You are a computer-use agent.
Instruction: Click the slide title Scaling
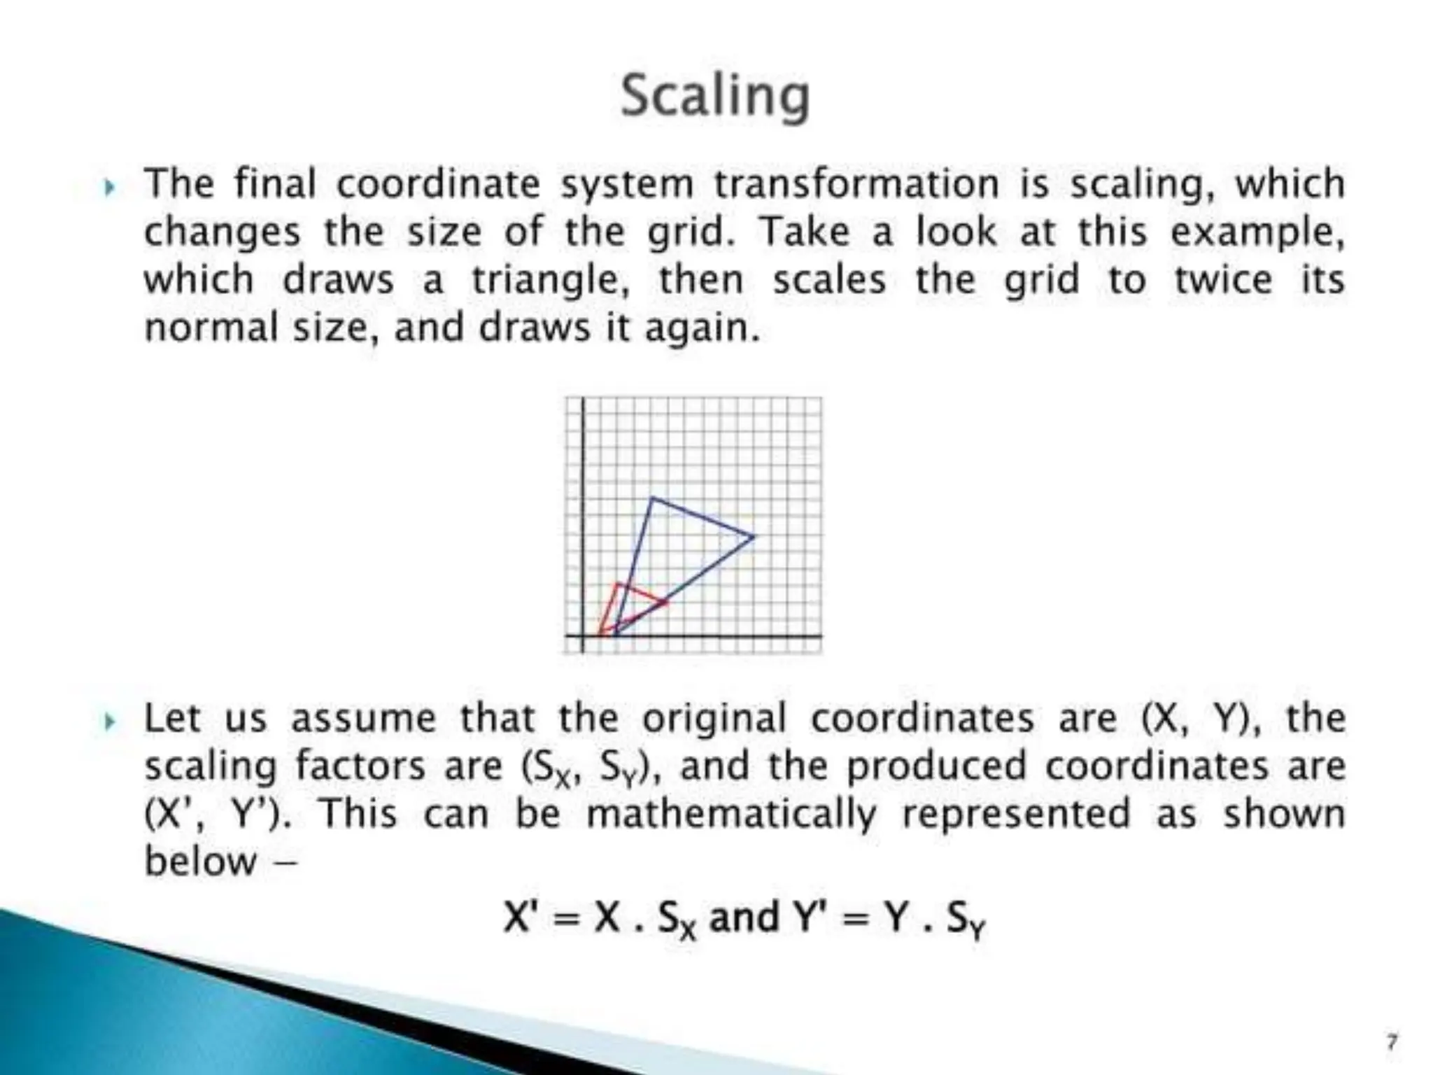point(715,97)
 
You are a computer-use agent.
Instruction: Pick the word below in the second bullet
point(200,861)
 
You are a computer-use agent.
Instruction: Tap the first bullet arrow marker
point(109,187)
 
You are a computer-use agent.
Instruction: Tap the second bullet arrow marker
point(109,721)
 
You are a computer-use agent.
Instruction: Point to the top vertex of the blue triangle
point(651,498)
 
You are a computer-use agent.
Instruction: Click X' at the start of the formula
point(521,917)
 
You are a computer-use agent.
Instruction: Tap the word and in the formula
point(744,917)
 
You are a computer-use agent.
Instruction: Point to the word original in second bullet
point(714,719)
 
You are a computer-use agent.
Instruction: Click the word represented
point(1016,814)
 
